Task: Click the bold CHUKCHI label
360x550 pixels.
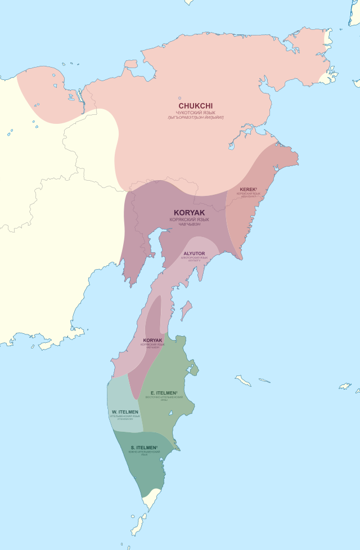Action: tap(196, 105)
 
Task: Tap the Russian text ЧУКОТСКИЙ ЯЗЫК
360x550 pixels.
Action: tap(196, 112)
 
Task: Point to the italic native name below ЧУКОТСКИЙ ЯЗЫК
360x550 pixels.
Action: tap(196, 118)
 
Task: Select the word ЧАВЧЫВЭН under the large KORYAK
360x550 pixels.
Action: tap(190, 225)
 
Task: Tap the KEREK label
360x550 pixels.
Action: tap(248, 189)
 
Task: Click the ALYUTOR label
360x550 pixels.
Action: tap(194, 254)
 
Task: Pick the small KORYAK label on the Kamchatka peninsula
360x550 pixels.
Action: tap(152, 341)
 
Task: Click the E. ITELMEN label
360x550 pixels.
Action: tap(164, 392)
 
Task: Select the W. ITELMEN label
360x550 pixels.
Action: tap(125, 412)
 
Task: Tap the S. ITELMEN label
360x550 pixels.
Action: tap(144, 448)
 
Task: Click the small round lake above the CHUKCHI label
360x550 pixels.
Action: tap(180, 97)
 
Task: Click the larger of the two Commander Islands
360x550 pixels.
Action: tap(243, 381)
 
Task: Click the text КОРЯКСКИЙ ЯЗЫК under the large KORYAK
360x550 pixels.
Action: tap(190, 220)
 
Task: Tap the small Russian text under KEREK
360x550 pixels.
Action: tap(248, 194)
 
